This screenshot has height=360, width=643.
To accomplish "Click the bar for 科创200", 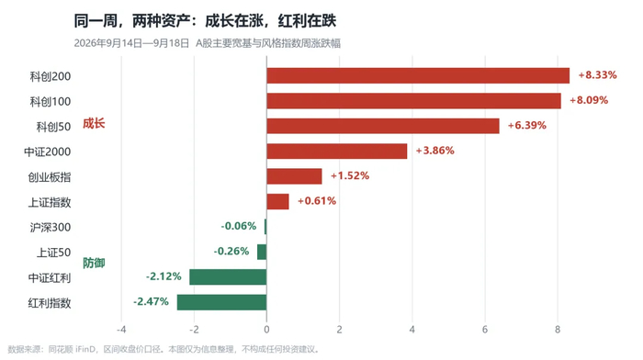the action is point(418,76).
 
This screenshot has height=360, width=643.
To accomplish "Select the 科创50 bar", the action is point(383,126).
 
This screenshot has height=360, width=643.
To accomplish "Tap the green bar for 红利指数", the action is point(222,302).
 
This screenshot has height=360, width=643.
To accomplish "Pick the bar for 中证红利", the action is point(228,276).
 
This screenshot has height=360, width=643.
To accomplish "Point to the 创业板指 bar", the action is point(294,176).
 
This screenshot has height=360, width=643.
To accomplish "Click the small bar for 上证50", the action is point(262,252).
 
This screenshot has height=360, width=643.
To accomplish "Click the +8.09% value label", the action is point(589,100).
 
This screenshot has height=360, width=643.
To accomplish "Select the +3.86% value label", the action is point(435,151).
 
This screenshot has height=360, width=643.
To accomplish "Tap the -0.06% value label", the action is point(239,226).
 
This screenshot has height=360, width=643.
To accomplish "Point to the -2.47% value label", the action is point(151,301).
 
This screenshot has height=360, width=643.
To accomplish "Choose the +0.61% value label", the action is point(317,201).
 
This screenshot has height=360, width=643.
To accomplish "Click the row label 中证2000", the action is point(47,152).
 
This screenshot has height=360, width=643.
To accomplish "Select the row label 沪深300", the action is point(50,227).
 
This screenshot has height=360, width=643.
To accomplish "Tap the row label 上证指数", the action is point(50,202).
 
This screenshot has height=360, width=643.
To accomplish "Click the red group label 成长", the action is point(94,123).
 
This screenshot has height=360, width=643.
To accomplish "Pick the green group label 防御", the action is point(94,263).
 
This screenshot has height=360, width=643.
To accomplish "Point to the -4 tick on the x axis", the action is point(121,330).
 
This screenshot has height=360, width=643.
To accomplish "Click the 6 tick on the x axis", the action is point(485,330).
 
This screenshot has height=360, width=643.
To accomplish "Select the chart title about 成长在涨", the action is point(205,20).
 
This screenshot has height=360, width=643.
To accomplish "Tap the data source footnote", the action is point(164,349).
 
